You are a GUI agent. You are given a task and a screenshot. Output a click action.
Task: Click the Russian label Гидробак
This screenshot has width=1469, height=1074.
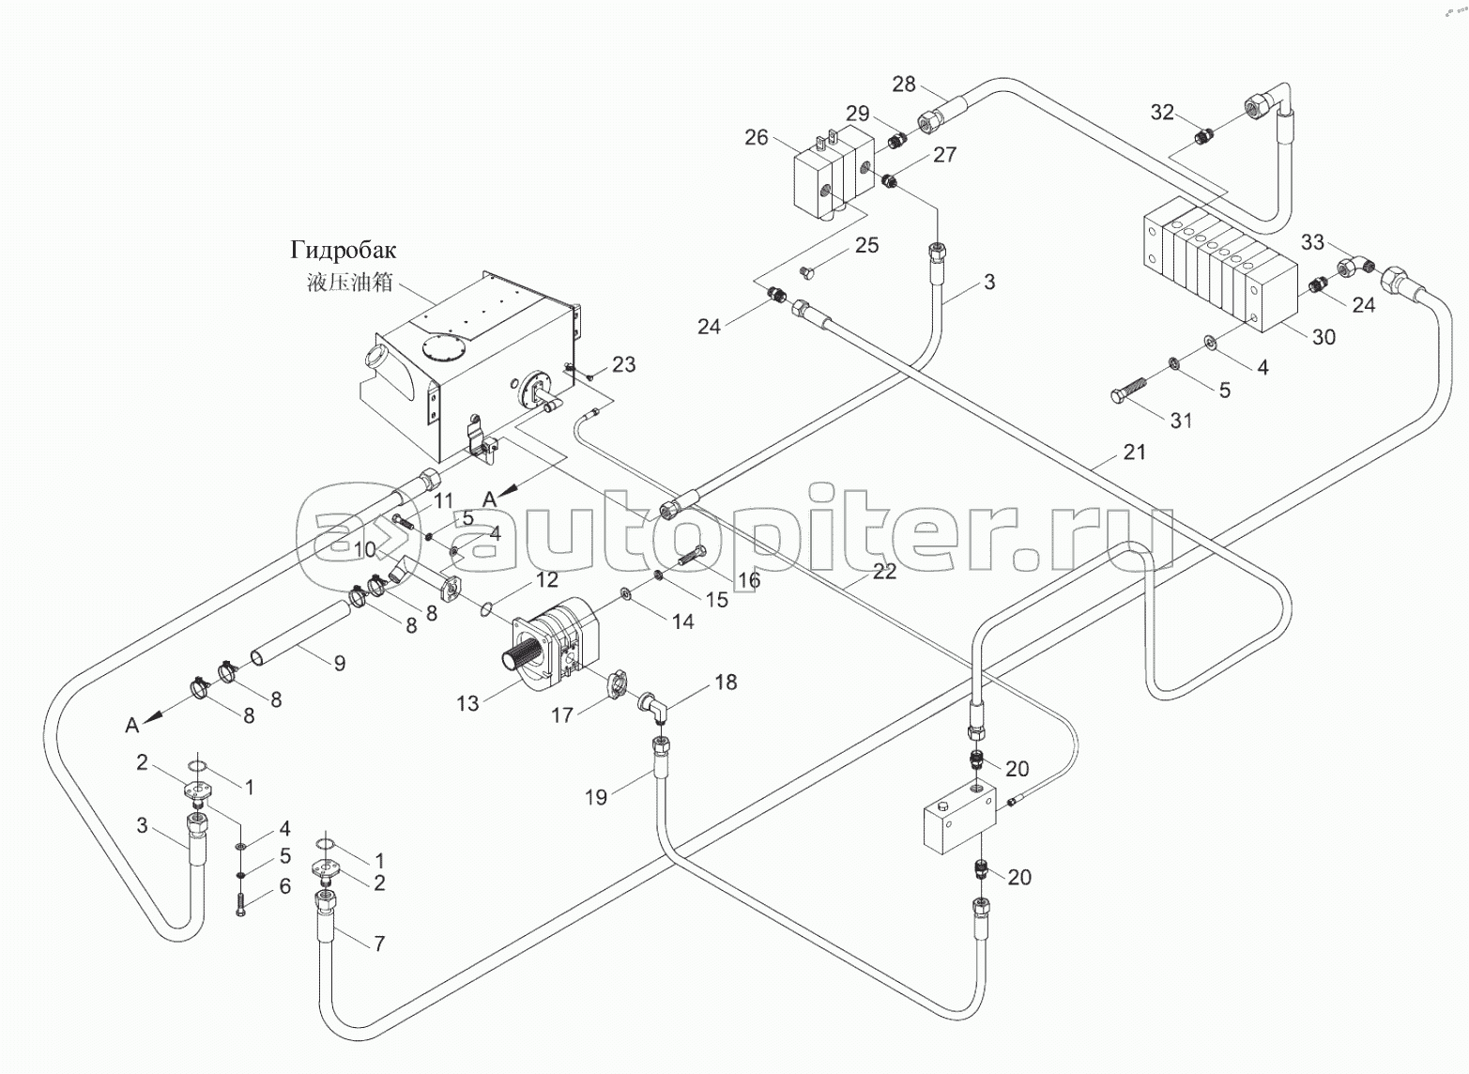coord(343,250)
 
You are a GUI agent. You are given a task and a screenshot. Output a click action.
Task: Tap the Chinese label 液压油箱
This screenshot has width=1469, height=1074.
coord(349,282)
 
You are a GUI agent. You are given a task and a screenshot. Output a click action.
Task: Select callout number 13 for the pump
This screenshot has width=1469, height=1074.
coord(467,703)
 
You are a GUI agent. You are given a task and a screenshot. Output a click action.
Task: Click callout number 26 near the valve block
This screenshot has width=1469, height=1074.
coord(757,138)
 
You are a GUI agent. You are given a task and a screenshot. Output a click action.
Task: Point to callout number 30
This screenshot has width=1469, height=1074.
coord(1324,337)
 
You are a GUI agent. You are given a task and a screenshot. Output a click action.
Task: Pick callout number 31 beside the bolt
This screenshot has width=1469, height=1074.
coord(1181,421)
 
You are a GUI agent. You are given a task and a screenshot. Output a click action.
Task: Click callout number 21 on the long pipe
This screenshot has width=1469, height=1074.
coord(1135,453)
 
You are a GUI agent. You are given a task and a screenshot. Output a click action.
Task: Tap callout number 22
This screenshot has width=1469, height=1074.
coord(884,571)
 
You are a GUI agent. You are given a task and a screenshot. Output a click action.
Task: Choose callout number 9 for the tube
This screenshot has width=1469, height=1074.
coord(340,663)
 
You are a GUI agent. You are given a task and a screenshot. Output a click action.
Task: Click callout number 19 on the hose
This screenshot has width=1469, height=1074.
coord(596,797)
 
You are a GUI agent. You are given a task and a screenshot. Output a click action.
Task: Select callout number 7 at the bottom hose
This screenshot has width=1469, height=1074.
coord(379,944)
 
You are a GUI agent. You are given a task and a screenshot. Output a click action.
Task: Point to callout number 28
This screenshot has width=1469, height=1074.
coord(903,84)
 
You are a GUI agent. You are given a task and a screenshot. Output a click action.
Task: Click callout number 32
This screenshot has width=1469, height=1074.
coord(1162,113)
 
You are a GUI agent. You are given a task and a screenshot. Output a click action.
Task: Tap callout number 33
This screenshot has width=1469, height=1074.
coord(1312,242)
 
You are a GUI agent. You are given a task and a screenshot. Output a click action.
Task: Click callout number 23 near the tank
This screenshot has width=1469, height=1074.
coord(623,364)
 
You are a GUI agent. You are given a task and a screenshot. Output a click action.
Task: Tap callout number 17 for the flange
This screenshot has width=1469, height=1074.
coord(561,715)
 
